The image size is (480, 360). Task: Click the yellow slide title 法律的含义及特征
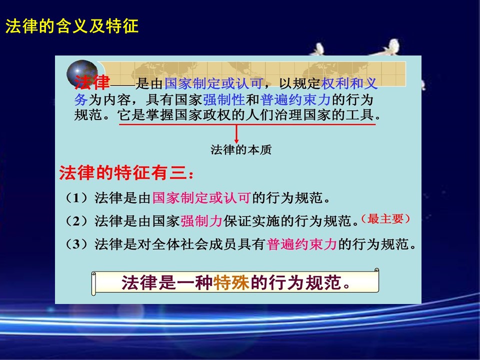coord(72,25)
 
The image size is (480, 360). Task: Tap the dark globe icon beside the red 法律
coord(81,73)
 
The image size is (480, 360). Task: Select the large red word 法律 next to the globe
coord(92,82)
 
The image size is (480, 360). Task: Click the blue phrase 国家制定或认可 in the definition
coord(213,83)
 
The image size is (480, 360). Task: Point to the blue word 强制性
coord(224,100)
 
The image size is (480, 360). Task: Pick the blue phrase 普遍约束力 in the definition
coord(295,100)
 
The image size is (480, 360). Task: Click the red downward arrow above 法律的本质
coord(236,134)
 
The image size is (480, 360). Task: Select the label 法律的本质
coord(241,149)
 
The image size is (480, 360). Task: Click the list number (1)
coord(76,198)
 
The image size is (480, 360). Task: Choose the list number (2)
coord(76,221)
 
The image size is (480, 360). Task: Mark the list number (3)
coord(76,244)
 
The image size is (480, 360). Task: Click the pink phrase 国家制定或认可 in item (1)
coord(201,198)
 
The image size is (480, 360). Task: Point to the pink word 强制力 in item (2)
coord(201,221)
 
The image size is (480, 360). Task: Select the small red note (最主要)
coord(385,219)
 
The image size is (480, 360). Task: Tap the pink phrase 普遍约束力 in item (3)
coord(301,244)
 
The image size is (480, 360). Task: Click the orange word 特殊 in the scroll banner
coord(231,282)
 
